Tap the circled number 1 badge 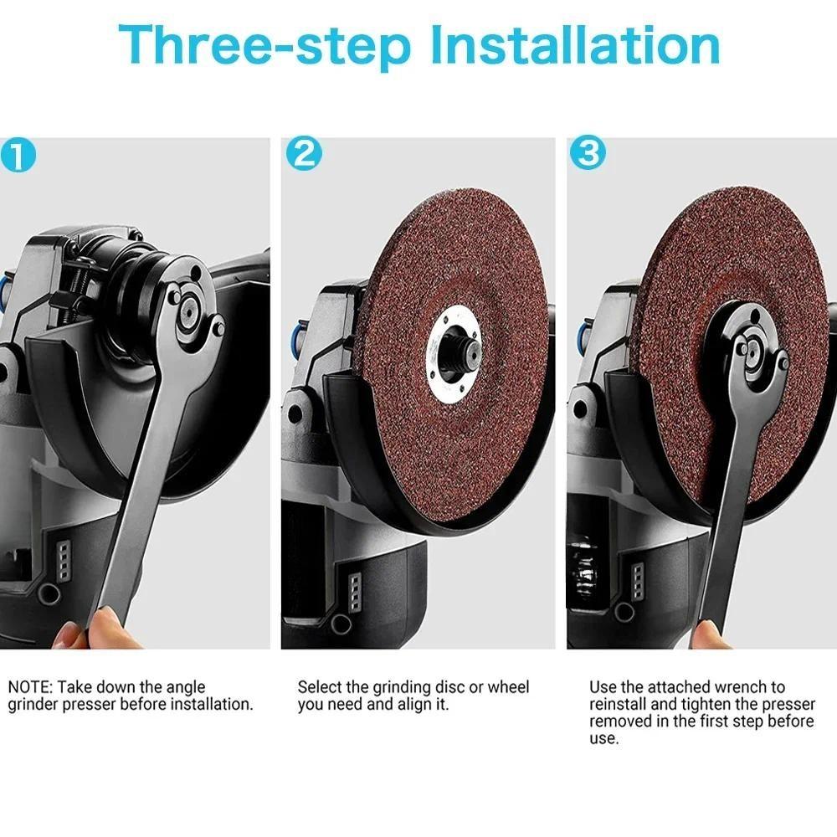coord(18,157)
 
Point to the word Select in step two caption coord(320,687)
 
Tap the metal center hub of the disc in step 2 coord(458,344)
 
